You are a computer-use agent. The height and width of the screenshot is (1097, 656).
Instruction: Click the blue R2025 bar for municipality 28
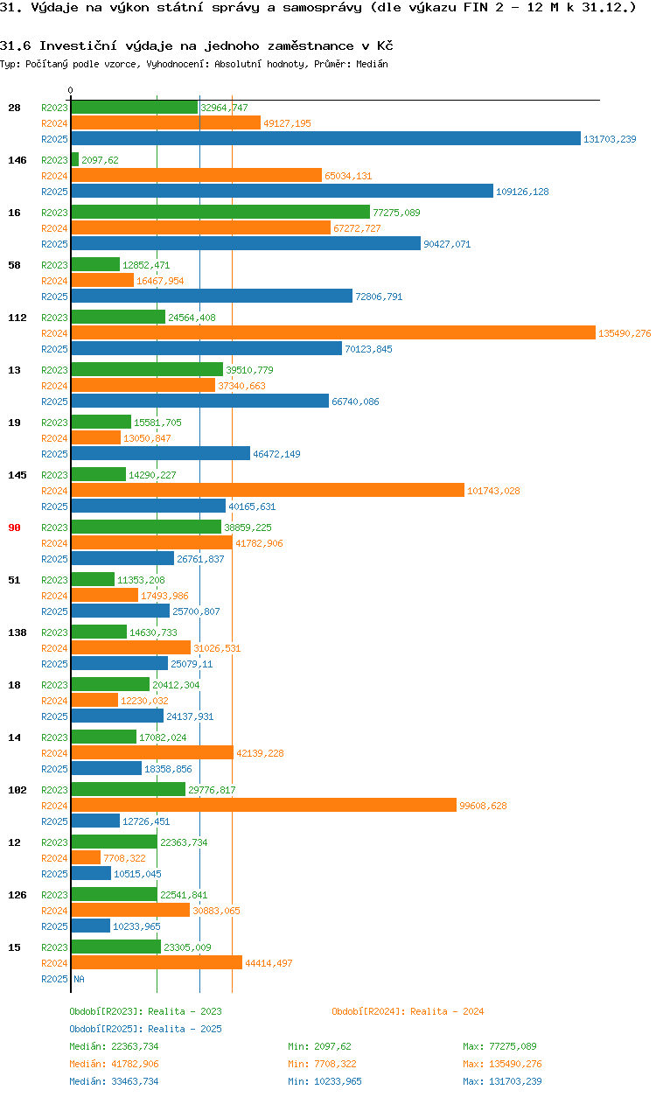tap(325, 138)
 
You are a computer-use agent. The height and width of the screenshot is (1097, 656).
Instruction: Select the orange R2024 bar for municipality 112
tap(332, 332)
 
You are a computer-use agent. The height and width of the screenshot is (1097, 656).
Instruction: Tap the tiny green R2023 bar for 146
tap(74, 159)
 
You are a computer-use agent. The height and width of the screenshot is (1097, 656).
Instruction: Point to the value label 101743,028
tap(493, 491)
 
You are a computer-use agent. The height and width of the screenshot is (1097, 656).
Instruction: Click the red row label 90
tap(14, 528)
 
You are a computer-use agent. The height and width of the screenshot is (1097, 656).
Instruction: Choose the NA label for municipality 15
tap(79, 979)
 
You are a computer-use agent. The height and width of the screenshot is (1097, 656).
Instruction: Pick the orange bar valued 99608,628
tap(263, 805)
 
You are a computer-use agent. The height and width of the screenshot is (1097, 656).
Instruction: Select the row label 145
tap(17, 475)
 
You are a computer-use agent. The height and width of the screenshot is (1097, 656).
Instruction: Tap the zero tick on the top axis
tap(71, 90)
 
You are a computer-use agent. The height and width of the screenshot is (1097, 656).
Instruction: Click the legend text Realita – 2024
tap(447, 1011)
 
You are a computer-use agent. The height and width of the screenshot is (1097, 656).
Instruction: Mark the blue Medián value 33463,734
tap(114, 1081)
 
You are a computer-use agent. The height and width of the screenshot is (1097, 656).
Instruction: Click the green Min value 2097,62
tap(331, 1046)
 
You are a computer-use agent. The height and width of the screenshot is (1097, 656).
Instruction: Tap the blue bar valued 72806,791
tap(212, 296)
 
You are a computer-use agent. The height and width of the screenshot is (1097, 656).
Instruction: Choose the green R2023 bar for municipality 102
tap(128, 789)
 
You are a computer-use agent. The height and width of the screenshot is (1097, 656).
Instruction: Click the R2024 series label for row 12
tap(54, 858)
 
